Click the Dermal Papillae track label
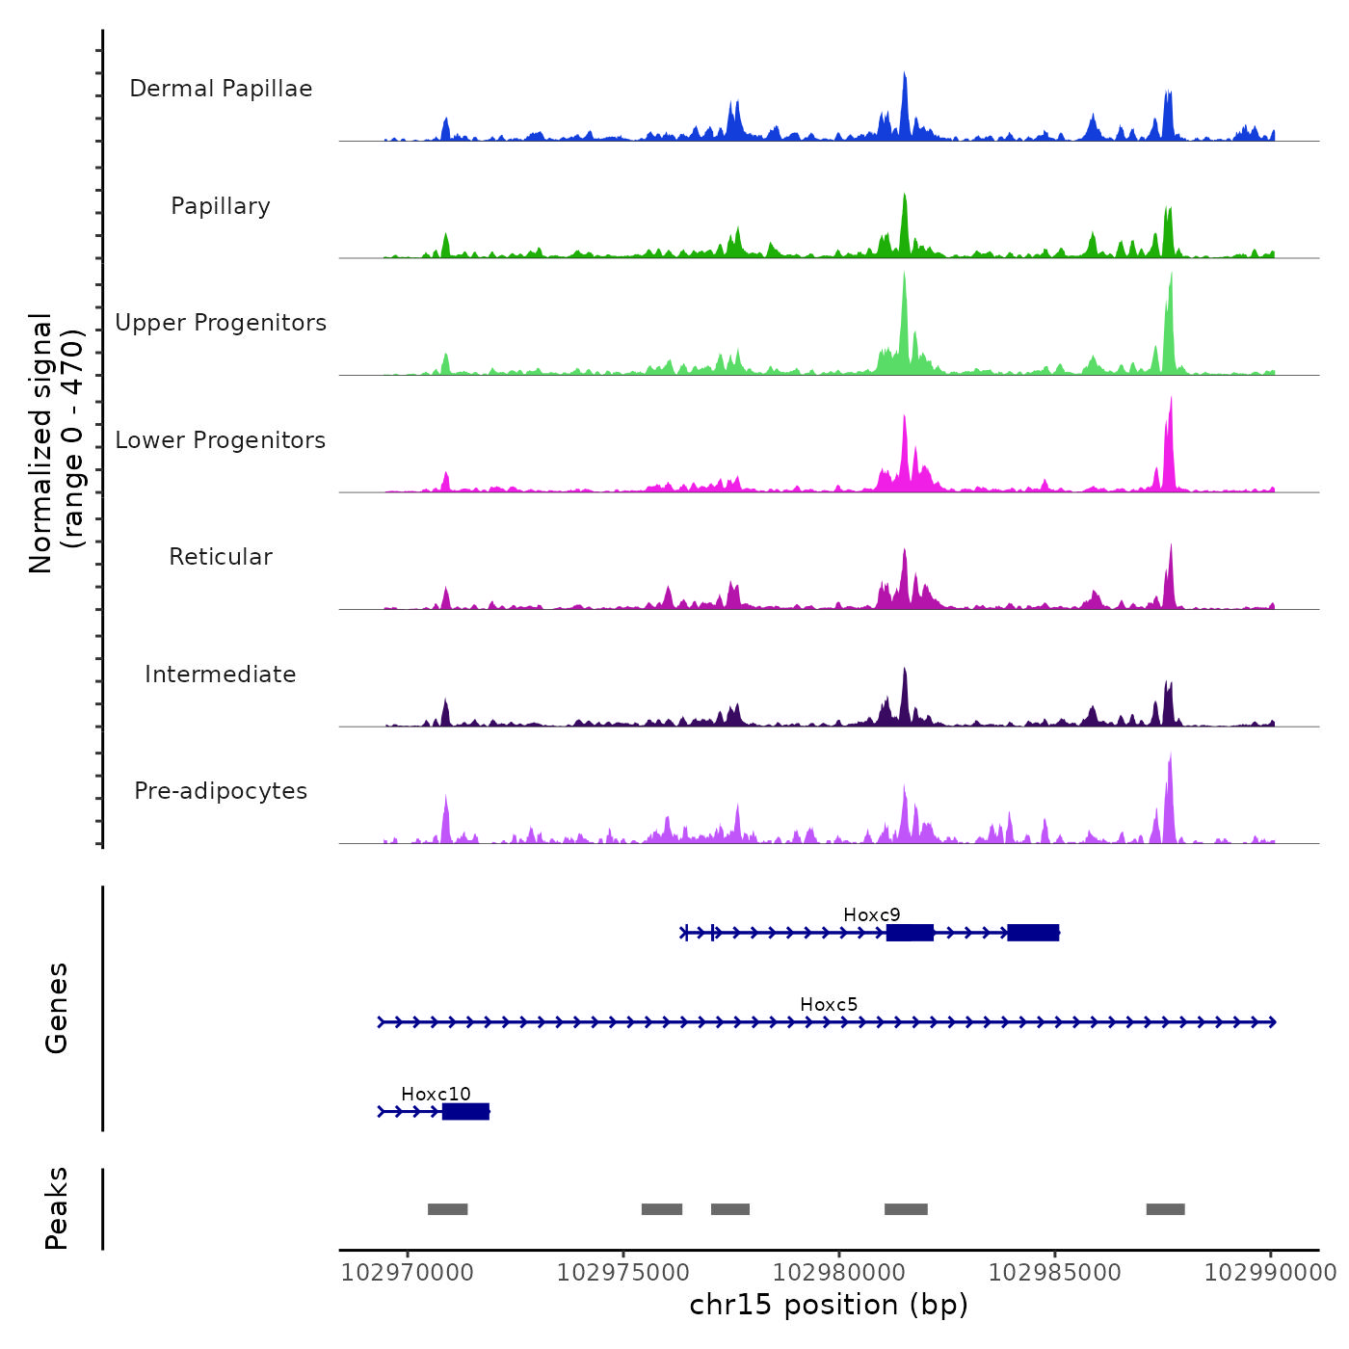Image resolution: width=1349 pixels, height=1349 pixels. click(x=221, y=89)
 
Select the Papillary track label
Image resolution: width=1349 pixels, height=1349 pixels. click(x=221, y=206)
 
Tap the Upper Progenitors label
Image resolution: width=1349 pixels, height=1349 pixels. click(x=221, y=323)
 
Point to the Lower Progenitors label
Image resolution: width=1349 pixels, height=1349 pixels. click(x=221, y=440)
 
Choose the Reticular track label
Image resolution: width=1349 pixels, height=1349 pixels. click(x=221, y=557)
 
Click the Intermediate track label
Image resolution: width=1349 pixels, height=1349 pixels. click(x=221, y=674)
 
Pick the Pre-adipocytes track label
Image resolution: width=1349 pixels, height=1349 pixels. click(x=221, y=791)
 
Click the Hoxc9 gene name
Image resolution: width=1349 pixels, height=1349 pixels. click(x=871, y=914)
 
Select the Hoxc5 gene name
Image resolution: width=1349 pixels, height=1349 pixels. click(x=829, y=1004)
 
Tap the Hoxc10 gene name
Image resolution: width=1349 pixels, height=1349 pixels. click(x=436, y=1094)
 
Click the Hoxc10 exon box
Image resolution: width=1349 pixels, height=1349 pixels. click(x=465, y=1112)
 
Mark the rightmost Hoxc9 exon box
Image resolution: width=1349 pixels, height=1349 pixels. click(x=1033, y=932)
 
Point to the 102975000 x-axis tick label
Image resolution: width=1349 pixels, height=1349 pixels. click(x=623, y=1272)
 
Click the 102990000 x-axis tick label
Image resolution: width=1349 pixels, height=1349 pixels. click(x=1270, y=1272)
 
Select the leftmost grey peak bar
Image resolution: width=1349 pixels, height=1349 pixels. click(x=447, y=1209)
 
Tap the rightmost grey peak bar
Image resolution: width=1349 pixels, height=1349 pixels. click(x=1165, y=1209)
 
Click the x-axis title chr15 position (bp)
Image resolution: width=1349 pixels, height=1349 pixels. click(x=829, y=1305)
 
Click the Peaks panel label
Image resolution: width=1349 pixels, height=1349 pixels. click(x=57, y=1208)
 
